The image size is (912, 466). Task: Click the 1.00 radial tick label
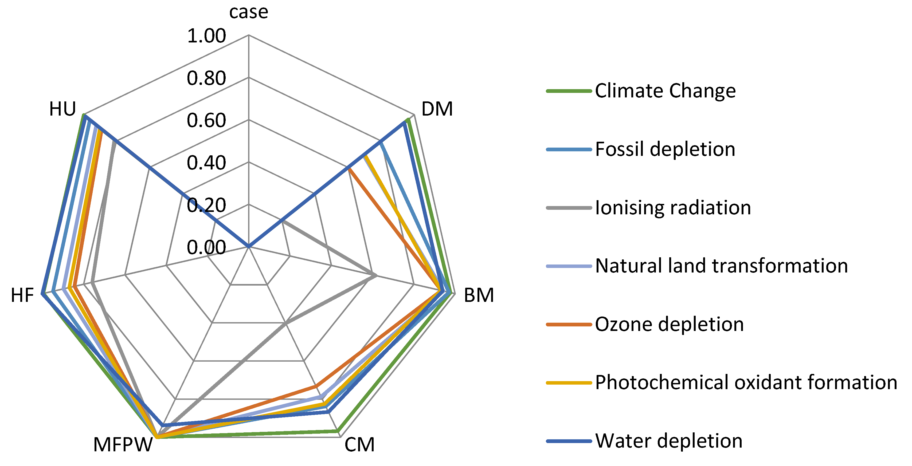(x=206, y=36)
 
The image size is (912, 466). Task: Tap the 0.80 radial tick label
(x=206, y=78)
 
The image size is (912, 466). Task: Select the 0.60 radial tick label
(x=206, y=120)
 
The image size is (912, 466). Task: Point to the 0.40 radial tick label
(x=206, y=163)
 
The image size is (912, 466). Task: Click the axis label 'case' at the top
(x=249, y=12)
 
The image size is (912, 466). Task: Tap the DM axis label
(x=437, y=109)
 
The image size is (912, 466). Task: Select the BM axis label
(x=479, y=295)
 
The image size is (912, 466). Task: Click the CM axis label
(x=359, y=445)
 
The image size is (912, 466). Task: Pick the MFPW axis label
(x=123, y=445)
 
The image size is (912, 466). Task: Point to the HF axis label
(x=22, y=295)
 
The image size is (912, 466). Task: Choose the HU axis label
(x=62, y=109)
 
